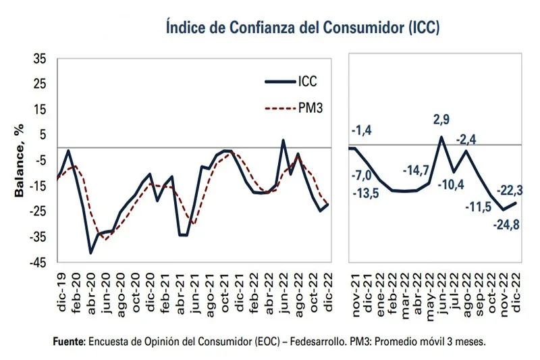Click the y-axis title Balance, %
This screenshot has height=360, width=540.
20,160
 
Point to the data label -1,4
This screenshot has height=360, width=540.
361,129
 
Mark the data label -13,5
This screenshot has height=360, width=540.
363,194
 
